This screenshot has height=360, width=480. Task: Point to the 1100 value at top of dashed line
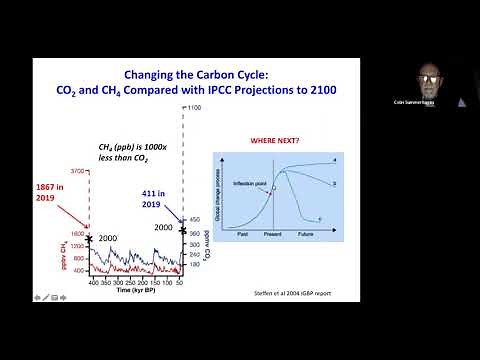pos(194,107)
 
